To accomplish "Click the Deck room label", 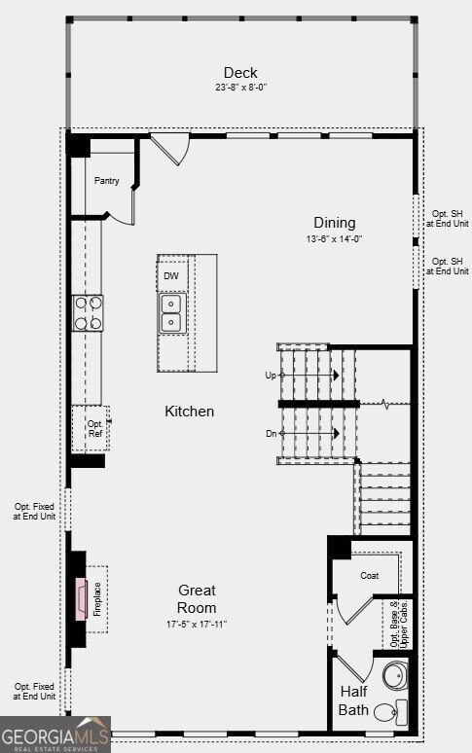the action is click(240, 73).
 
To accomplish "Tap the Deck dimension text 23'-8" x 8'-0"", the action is click(240, 88).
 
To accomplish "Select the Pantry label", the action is click(107, 181).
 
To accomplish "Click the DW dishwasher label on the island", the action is click(171, 275).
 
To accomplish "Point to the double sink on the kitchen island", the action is click(171, 313).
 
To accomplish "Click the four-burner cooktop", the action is click(88, 312).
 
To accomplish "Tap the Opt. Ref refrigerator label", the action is click(95, 428).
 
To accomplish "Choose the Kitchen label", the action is click(189, 412).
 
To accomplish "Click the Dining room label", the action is click(335, 223).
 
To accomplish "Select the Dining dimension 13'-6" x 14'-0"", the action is click(334, 238).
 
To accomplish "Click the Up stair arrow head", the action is click(337, 376).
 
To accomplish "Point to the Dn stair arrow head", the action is click(337, 433).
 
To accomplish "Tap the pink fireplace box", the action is click(81, 599).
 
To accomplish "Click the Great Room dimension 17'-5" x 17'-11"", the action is click(197, 625).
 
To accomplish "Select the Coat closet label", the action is click(370, 575).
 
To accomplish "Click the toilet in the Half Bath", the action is click(390, 712).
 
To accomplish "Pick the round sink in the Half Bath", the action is click(396, 675).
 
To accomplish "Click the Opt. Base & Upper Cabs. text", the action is click(399, 624).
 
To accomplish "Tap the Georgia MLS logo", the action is click(55, 735).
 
